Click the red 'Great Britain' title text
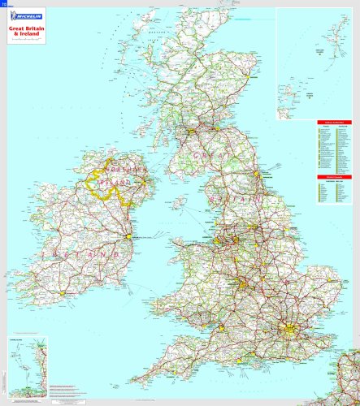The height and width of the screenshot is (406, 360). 25,28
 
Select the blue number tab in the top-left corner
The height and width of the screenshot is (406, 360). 2,3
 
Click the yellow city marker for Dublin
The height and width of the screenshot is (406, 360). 128,236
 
